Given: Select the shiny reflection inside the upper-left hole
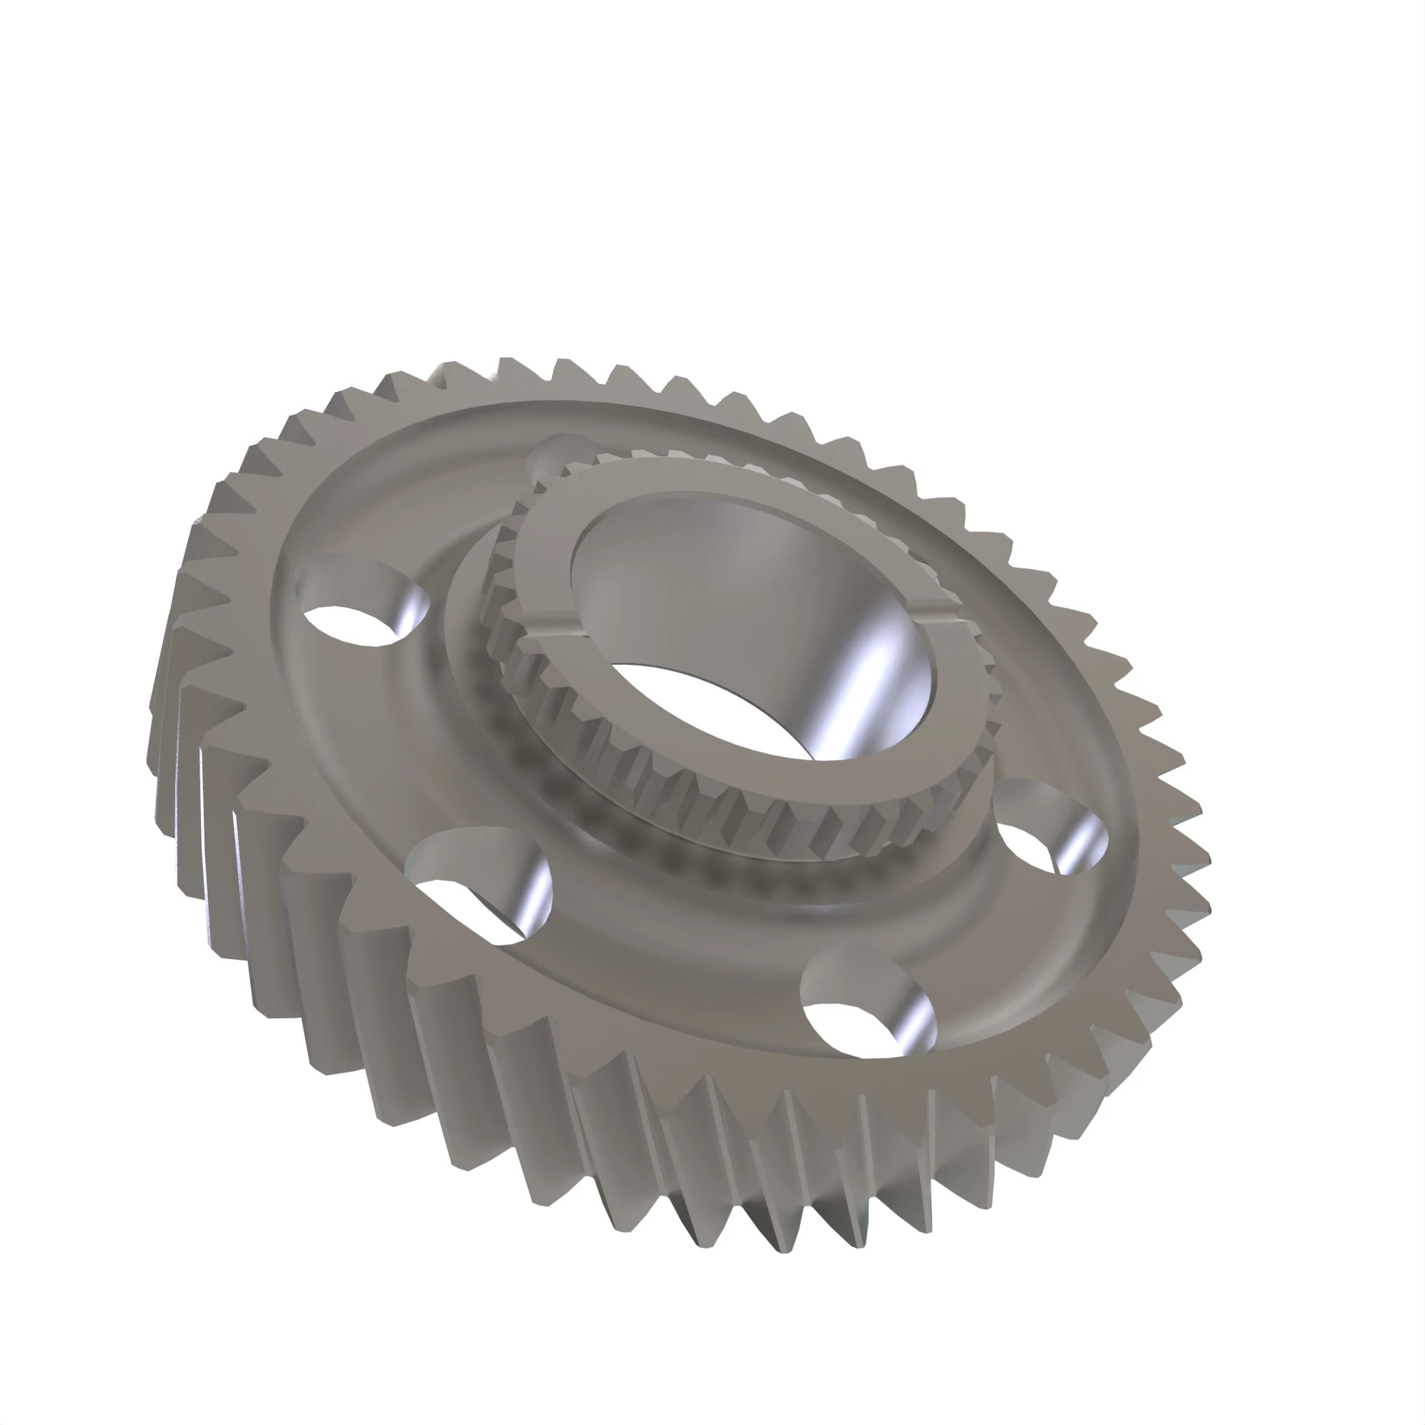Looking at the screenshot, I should coord(410,612).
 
